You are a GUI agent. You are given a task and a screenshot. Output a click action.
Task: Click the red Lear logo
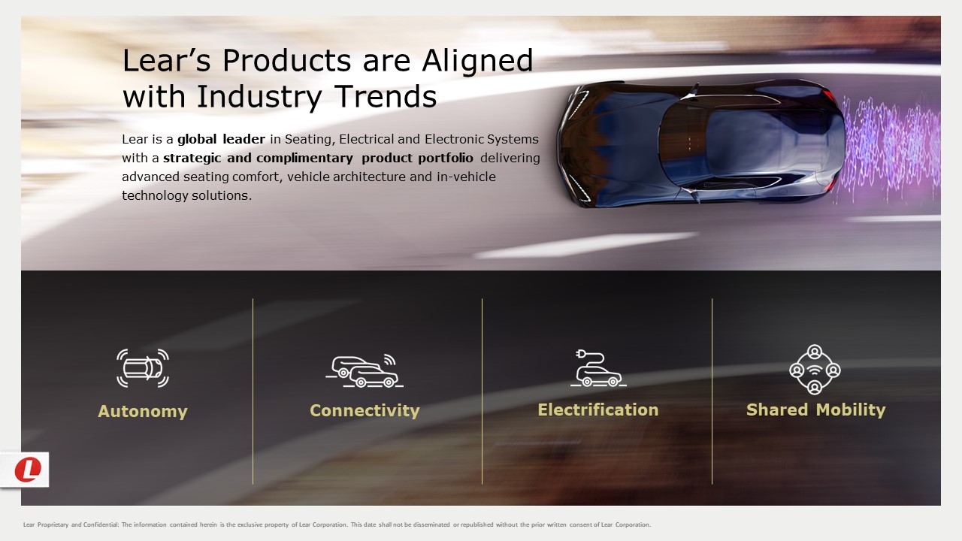[28, 470]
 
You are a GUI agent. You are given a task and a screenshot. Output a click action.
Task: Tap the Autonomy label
[143, 411]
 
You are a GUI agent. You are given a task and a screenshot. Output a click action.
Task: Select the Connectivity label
[365, 410]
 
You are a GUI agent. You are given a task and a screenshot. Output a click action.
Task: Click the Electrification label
[597, 410]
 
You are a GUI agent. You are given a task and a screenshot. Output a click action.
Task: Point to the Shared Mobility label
[815, 410]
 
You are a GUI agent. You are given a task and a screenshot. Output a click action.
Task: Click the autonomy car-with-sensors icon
[143, 368]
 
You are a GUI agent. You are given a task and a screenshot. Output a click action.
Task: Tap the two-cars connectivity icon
[365, 370]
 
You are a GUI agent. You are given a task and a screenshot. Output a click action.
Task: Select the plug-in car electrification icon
[598, 368]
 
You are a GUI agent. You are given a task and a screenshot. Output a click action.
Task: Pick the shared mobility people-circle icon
[815, 370]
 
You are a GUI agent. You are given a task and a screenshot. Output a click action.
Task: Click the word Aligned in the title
[477, 61]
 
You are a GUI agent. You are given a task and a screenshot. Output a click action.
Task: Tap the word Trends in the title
[386, 96]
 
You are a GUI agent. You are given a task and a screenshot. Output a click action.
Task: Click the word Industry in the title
[259, 97]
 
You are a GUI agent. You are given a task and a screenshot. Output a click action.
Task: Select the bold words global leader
[221, 139]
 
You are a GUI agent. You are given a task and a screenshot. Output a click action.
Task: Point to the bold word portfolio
[446, 158]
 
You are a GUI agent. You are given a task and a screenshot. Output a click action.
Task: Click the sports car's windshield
[683, 143]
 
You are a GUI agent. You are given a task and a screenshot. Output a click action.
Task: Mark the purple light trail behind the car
[889, 148]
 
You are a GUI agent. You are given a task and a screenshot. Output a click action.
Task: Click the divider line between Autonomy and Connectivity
[253, 391]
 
